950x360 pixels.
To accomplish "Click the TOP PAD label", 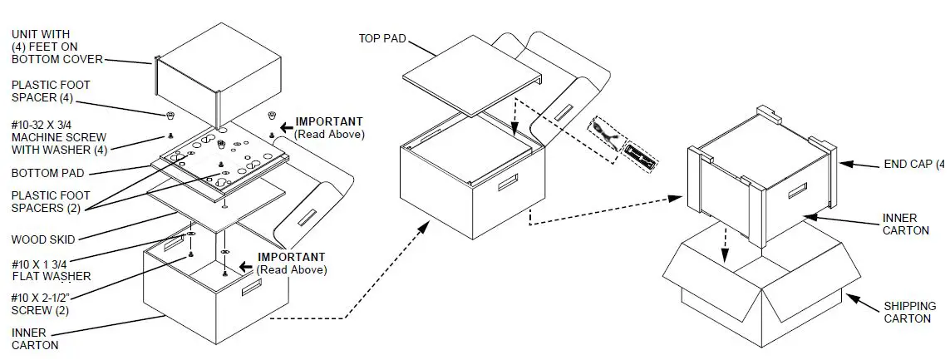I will pos(381,38).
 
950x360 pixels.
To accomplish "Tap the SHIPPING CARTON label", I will pos(908,312).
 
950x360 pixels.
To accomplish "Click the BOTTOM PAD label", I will pos(46,173).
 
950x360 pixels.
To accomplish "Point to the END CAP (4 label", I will pos(913,165).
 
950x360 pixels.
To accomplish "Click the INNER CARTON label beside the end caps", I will pos(906,224).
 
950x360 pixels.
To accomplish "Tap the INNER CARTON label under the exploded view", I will pos(35,339).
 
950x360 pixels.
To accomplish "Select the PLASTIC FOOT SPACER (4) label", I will pos(51,91).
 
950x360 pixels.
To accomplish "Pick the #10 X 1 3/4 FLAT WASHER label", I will pos(51,270).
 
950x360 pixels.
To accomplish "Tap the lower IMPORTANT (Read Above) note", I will pos(291,263).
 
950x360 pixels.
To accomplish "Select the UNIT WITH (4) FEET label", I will pos(57,46).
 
